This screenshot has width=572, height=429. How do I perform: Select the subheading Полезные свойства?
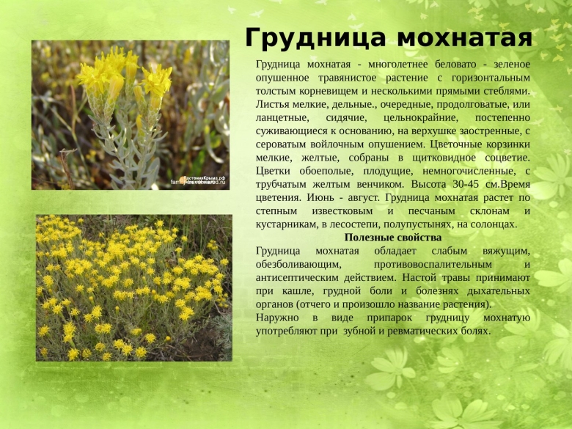pyautogui.click(x=392, y=238)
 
